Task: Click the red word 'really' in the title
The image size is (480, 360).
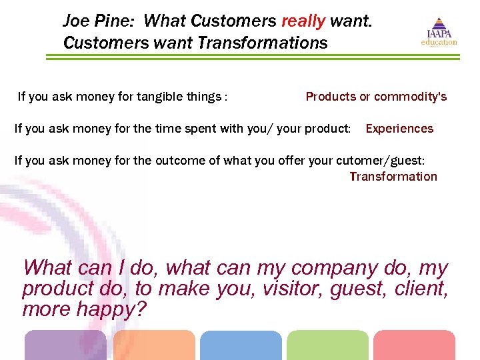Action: pyautogui.click(x=303, y=21)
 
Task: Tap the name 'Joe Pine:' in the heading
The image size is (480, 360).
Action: pyautogui.click(x=99, y=21)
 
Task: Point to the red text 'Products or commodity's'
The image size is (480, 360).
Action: pyautogui.click(x=376, y=97)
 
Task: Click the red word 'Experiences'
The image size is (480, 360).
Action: pyautogui.click(x=399, y=129)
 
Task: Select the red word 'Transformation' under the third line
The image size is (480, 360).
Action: pyautogui.click(x=393, y=177)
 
